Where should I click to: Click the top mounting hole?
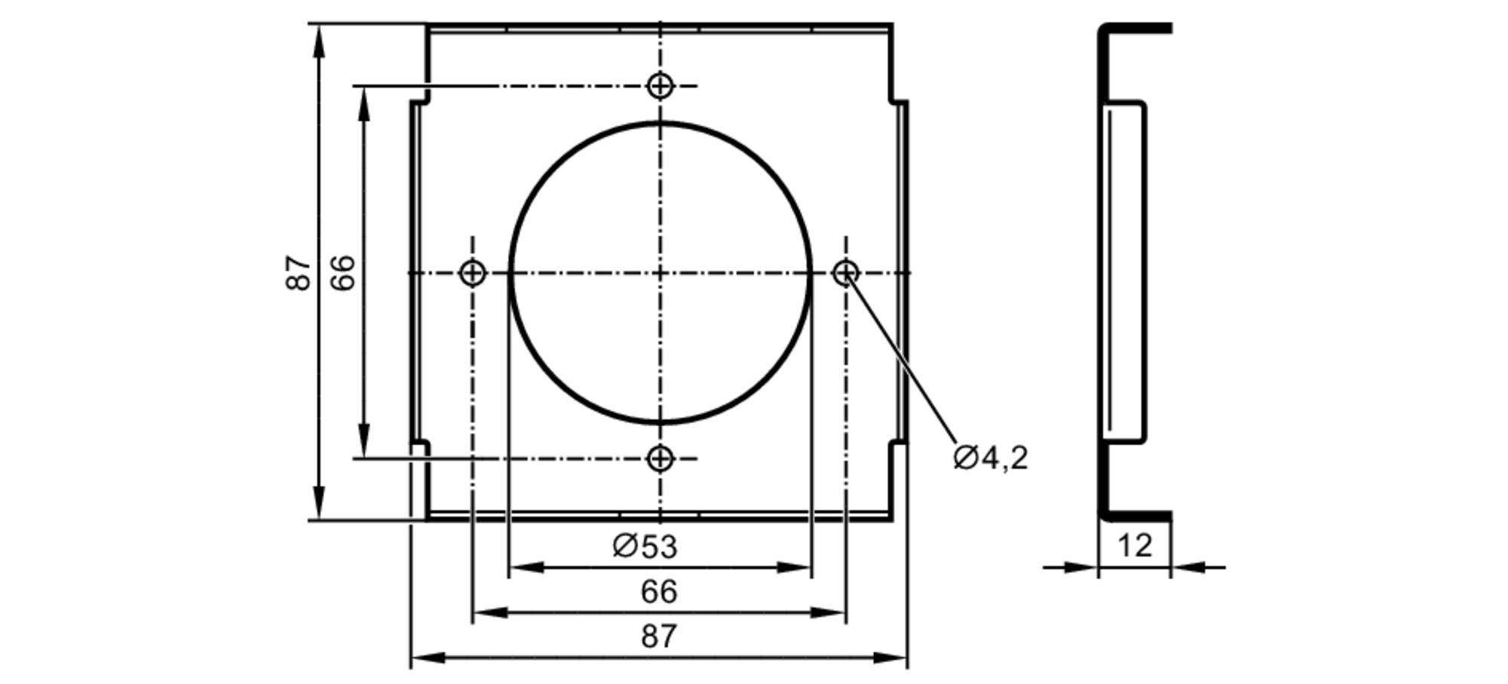[661, 86]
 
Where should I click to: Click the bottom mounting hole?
[661, 458]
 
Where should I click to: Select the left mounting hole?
[473, 272]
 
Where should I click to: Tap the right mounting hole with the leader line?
[846, 272]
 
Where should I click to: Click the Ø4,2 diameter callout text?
[990, 458]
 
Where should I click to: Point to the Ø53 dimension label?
[645, 546]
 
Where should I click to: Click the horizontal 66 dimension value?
[659, 592]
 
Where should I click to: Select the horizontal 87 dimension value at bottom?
[659, 637]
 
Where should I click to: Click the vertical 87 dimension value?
[299, 272]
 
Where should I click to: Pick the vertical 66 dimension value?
[343, 272]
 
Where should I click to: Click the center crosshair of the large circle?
[661, 272]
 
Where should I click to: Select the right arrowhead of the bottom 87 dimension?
[893, 658]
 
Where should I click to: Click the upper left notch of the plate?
[421, 101]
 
